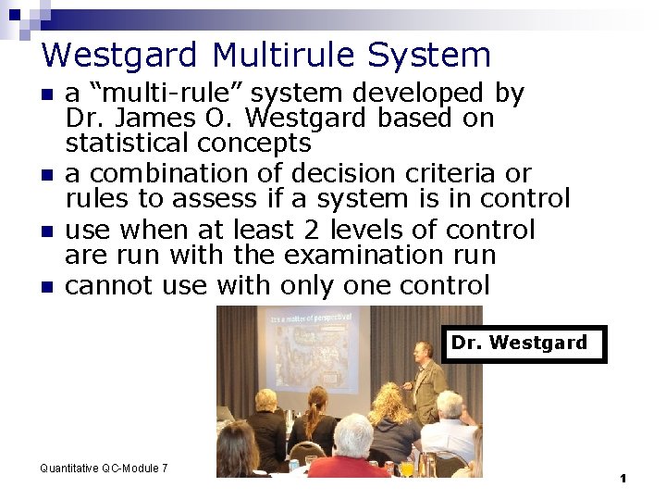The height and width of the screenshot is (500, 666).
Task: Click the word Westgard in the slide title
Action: pos(121,56)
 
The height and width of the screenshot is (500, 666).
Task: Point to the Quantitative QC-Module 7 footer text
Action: pos(104,469)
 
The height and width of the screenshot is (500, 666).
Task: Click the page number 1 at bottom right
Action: pos(623,478)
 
